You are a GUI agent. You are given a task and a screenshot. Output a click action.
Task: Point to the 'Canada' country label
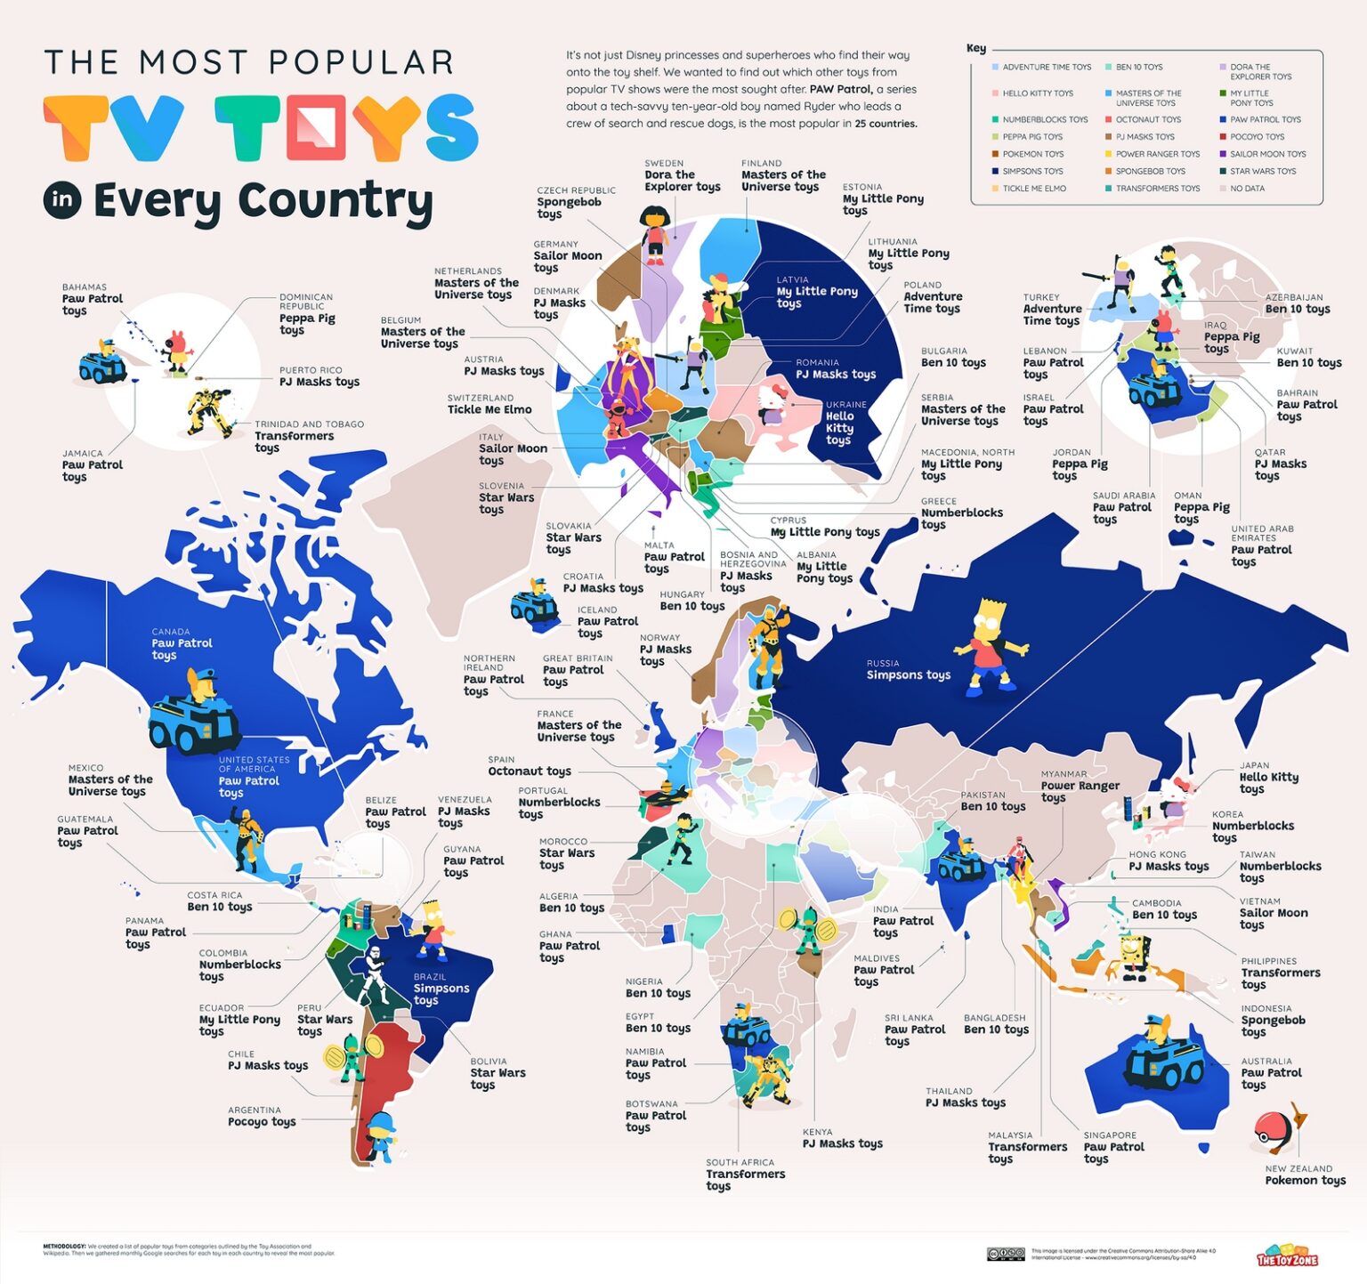[171, 632]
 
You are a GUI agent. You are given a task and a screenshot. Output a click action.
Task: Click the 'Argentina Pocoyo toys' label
[261, 1117]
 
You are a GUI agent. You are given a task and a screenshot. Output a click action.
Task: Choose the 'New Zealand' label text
[1298, 1168]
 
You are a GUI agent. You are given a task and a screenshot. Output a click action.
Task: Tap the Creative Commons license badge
[1005, 1254]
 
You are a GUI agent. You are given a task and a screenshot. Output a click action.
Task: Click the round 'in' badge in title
[62, 200]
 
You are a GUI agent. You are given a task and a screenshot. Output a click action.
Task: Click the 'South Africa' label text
[740, 1162]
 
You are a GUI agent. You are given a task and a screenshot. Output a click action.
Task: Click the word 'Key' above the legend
[976, 48]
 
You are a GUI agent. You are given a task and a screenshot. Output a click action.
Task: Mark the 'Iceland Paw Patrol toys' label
[607, 621]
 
